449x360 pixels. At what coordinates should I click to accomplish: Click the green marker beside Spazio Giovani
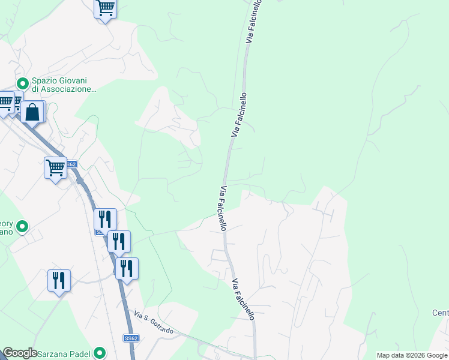[x=23, y=82]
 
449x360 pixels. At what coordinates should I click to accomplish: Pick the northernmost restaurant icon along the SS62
[x=105, y=218]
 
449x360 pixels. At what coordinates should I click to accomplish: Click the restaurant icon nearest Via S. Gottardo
[x=127, y=268]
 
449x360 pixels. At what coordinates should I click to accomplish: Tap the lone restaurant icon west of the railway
[x=59, y=280]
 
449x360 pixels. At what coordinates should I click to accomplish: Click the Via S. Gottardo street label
[x=154, y=323]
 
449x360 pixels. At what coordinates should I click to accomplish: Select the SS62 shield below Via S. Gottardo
[x=131, y=339]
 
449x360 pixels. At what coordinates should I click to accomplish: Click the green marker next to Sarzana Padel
[x=100, y=353]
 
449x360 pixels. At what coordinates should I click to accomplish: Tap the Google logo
[x=20, y=353]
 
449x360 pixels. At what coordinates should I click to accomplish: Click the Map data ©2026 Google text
[x=412, y=355]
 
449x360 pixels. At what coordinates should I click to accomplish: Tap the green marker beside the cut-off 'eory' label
[x=22, y=227]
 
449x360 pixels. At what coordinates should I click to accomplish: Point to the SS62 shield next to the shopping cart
[x=71, y=164]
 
